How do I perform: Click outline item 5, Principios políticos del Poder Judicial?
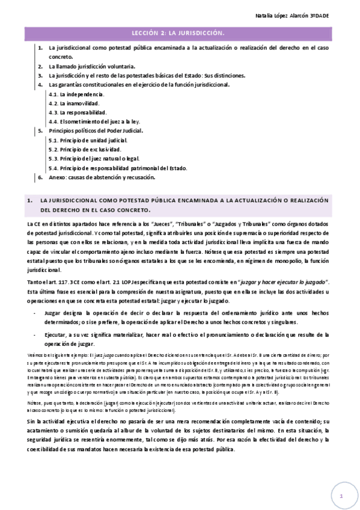pyautogui.click(x=96, y=131)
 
